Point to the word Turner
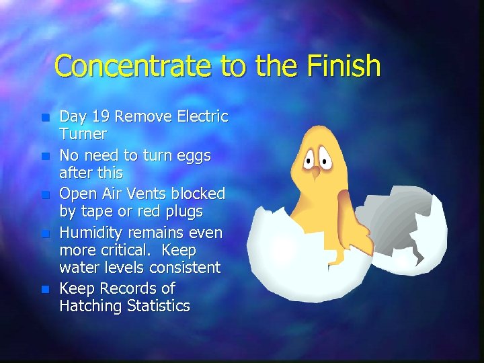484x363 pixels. click(x=83, y=134)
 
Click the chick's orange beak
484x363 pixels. click(x=315, y=171)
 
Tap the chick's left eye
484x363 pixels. click(x=310, y=159)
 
